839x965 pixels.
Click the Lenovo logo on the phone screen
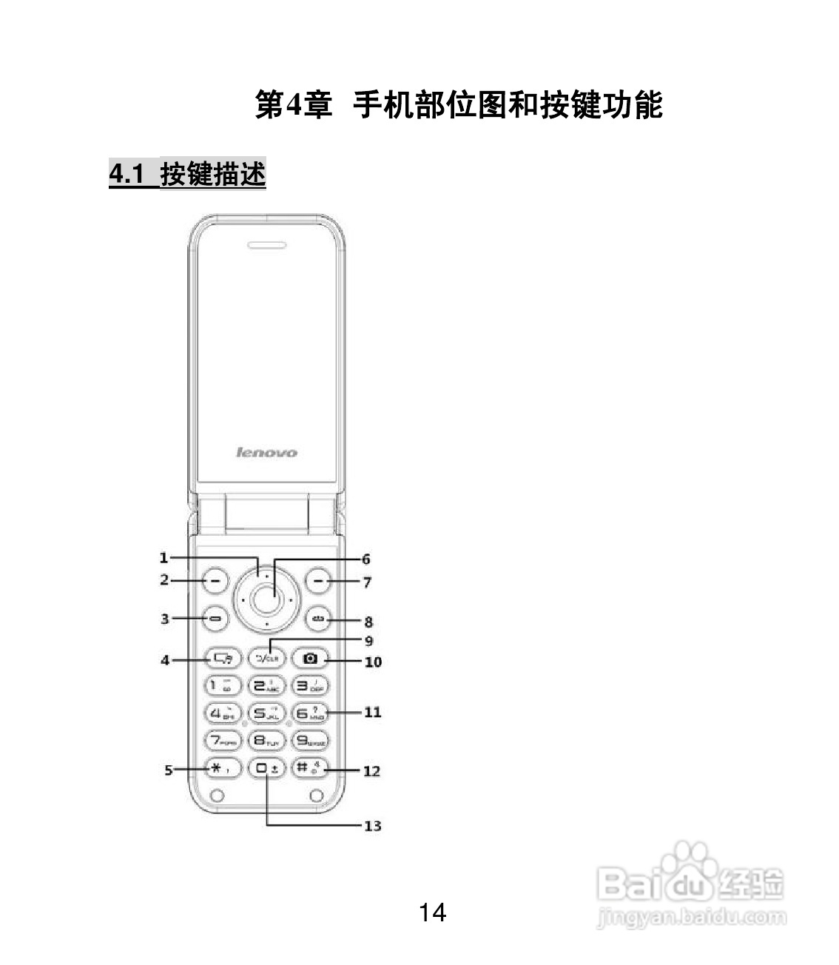(x=266, y=452)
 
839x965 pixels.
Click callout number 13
(x=372, y=826)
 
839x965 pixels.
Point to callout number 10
(x=373, y=662)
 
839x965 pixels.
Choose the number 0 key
(x=266, y=768)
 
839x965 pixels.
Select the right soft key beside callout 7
(x=318, y=582)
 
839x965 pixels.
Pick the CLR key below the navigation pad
(x=266, y=657)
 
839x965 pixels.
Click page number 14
(x=432, y=912)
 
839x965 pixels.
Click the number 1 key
(x=220, y=685)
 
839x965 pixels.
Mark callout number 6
(x=365, y=559)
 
